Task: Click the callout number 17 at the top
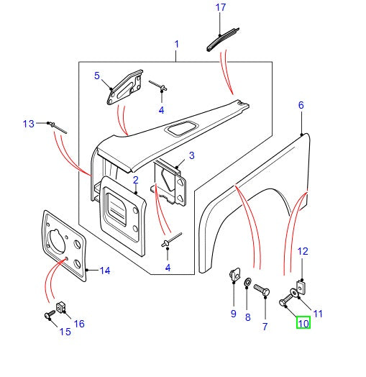pos(221,8)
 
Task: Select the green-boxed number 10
pos(303,324)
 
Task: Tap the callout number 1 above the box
pos(175,45)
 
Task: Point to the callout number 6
pos(301,105)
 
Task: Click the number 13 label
pos(28,124)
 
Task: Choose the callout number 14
pos(105,271)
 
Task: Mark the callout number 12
pos(303,251)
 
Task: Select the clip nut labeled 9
pos(234,274)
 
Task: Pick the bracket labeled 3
pos(171,180)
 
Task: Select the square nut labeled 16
pos(62,306)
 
